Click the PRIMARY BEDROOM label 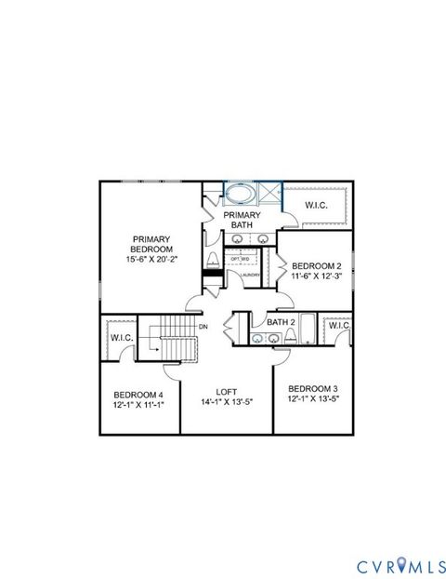click(x=151, y=243)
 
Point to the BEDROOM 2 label click(x=316, y=265)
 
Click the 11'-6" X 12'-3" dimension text click(x=316, y=276)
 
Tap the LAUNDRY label click(x=248, y=275)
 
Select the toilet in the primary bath click(x=213, y=260)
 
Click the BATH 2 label click(x=281, y=322)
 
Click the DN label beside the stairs click(x=202, y=326)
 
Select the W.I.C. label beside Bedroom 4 click(x=121, y=337)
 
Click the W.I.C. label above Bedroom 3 click(x=338, y=326)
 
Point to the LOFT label click(x=227, y=392)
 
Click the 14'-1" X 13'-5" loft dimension click(x=227, y=402)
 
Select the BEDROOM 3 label click(x=312, y=388)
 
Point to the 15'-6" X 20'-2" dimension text click(x=151, y=259)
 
